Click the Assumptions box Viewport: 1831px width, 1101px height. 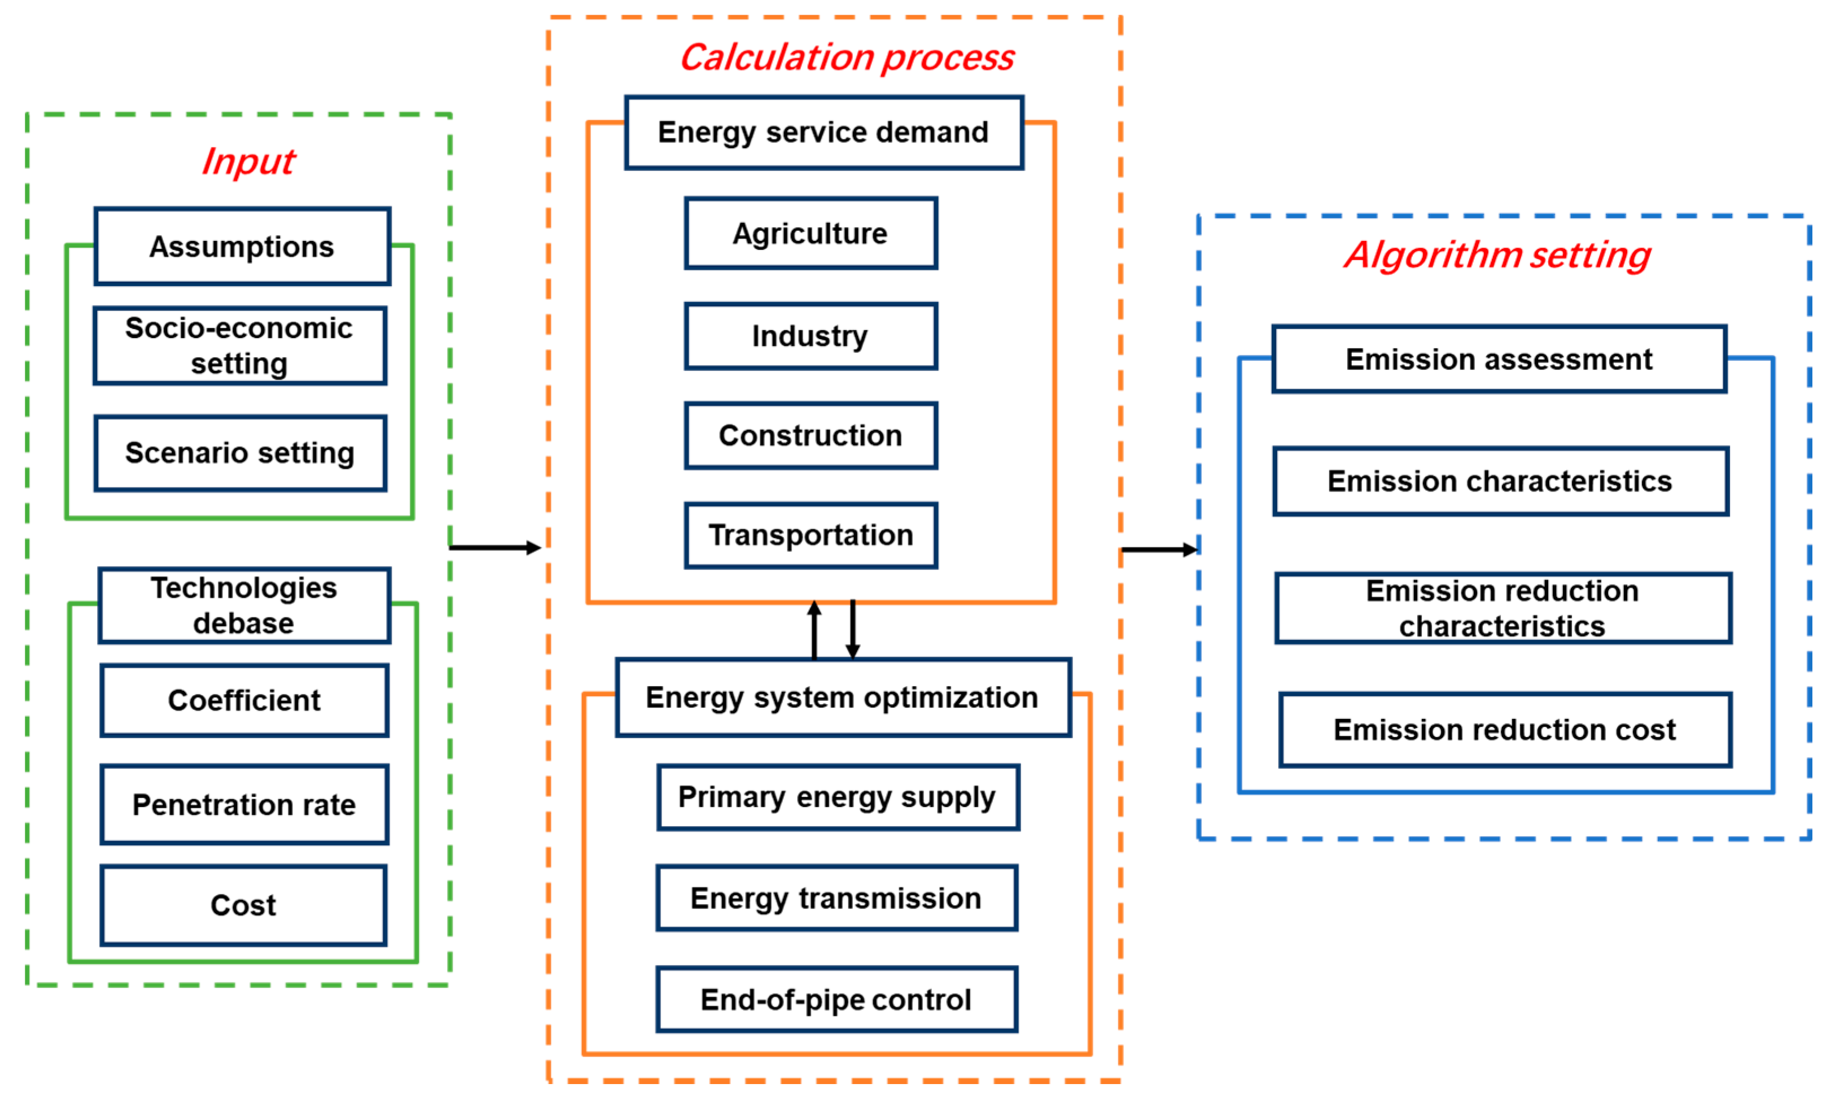(242, 246)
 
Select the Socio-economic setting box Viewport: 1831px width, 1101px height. (240, 346)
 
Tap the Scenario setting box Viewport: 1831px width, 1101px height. (240, 453)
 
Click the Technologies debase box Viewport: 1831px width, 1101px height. (243, 606)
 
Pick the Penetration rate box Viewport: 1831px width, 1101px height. (243, 805)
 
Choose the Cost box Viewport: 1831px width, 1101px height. (243, 905)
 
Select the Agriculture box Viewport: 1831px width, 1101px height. (810, 234)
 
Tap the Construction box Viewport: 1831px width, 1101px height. (810, 436)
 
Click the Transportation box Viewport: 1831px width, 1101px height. (810, 536)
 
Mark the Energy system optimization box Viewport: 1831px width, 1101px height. (842, 698)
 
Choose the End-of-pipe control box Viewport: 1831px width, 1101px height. (836, 999)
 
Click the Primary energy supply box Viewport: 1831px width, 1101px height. (838, 797)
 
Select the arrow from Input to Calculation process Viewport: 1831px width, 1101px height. (495, 547)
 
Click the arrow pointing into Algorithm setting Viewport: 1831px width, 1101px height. (1159, 550)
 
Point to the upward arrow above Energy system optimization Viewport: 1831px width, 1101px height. (814, 629)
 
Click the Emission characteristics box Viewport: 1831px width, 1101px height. (1500, 481)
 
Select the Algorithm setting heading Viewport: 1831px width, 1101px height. (1497, 255)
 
